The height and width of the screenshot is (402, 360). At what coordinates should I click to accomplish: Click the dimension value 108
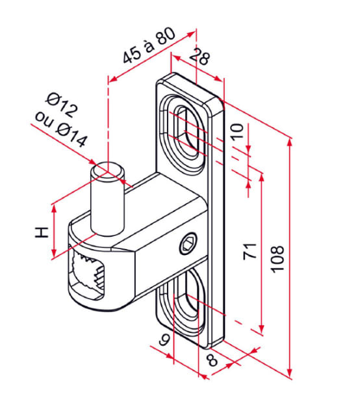(277, 259)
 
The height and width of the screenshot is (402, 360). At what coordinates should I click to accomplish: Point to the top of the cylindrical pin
(108, 170)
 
